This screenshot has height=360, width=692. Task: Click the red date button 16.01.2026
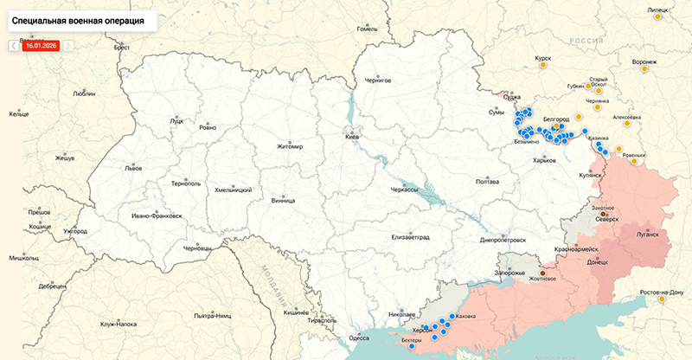pos(41,45)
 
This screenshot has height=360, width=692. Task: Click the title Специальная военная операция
pos(79,17)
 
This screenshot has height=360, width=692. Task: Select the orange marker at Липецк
pos(658,16)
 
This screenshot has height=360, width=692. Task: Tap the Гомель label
pos(368,29)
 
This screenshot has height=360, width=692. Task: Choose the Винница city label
pos(283,200)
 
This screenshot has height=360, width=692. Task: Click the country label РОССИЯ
pos(586,41)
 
